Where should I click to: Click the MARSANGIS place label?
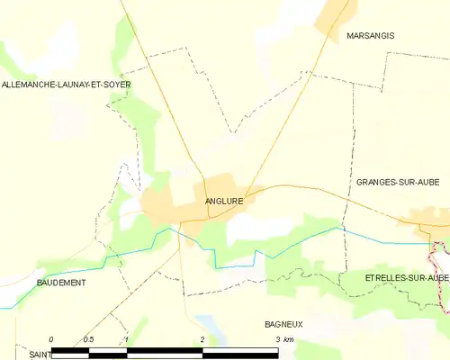click(370, 36)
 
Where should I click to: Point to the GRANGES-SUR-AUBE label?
click(397, 182)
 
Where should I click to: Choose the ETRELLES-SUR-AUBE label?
click(407, 278)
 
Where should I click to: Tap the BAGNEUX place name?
click(283, 323)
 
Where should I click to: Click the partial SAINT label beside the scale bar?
click(38, 355)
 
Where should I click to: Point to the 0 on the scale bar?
click(51, 339)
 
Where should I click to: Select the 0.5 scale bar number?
click(88, 339)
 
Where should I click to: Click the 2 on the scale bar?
click(203, 339)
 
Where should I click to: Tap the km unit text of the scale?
click(288, 339)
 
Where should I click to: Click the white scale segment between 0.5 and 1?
click(108, 348)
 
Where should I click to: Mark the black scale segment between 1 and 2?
click(166, 348)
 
